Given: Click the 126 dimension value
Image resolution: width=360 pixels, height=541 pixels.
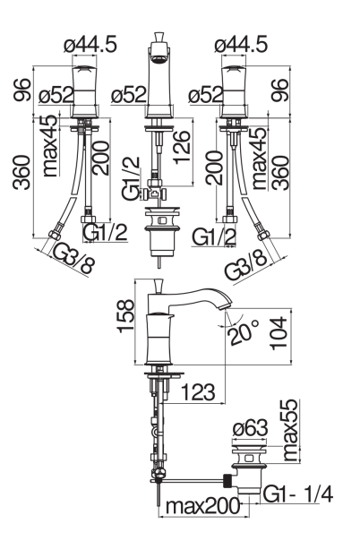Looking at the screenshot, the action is [x=182, y=147].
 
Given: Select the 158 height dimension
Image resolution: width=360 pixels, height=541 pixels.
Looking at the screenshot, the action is [x=125, y=316].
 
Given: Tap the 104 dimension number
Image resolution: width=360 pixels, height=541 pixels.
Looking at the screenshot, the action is [x=278, y=333].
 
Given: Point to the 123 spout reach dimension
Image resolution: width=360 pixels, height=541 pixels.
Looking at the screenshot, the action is [x=198, y=392].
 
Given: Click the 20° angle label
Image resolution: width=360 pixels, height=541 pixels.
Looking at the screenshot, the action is [x=244, y=332].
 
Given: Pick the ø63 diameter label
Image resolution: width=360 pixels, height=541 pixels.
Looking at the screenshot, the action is [x=250, y=428].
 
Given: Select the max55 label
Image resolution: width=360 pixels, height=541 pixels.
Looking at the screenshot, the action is [x=289, y=430].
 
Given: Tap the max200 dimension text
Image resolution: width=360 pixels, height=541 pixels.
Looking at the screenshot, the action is [x=202, y=506].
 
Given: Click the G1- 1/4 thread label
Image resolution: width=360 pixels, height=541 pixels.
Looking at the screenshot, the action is [x=298, y=494].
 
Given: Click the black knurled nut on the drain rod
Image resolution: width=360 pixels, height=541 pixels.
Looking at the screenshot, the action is [x=228, y=480].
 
